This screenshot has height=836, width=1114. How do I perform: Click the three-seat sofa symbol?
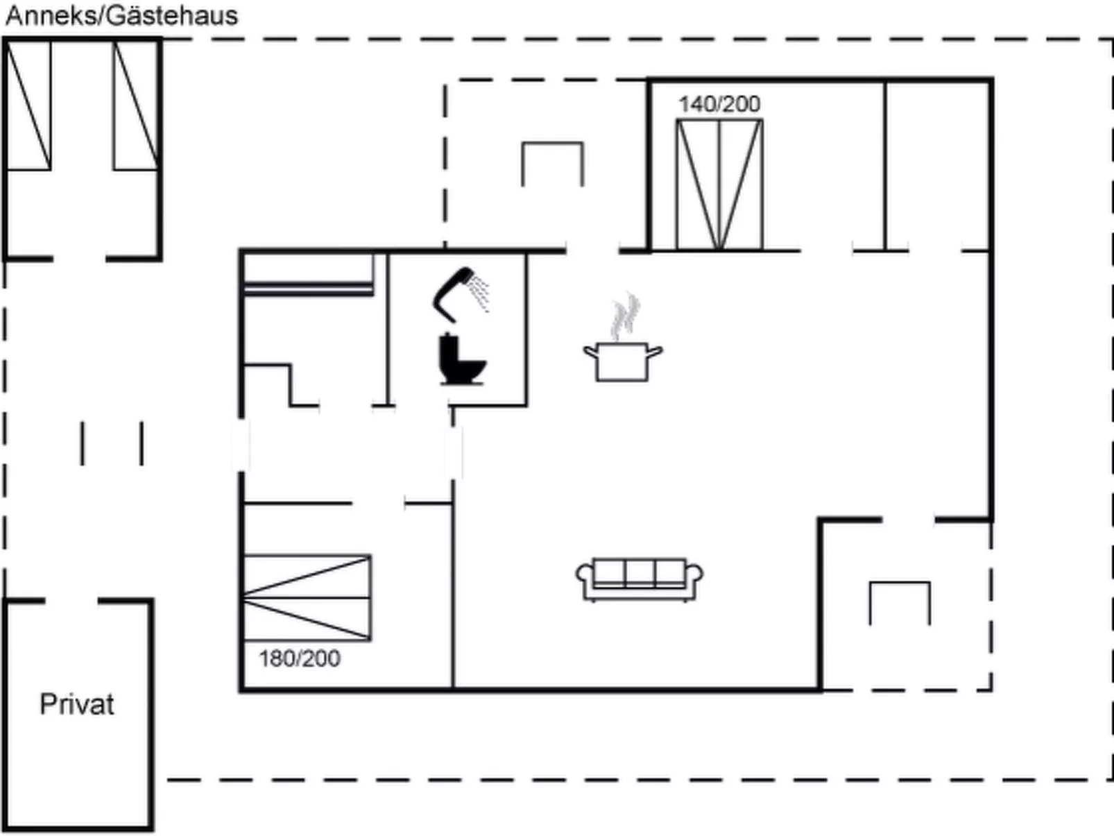tap(640, 580)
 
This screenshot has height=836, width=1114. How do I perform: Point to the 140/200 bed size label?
tap(719, 104)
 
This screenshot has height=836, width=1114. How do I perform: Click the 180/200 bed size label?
tap(300, 659)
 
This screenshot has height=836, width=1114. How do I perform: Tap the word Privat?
tap(77, 705)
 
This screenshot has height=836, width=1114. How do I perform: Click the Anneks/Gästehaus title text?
tap(122, 16)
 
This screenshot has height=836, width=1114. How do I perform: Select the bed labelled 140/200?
tap(719, 185)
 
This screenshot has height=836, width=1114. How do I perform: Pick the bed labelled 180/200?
tap(307, 599)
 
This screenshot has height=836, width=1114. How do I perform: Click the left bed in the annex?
tap(29, 105)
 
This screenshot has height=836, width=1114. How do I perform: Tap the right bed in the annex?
tap(135, 105)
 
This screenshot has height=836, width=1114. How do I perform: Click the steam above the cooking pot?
tap(625, 316)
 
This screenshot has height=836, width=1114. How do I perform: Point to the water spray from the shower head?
tap(479, 293)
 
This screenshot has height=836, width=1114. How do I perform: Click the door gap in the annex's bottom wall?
tap(80, 259)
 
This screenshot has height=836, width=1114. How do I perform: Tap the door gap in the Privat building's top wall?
tap(72, 602)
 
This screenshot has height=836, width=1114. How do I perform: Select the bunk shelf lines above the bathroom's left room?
tap(309, 289)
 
